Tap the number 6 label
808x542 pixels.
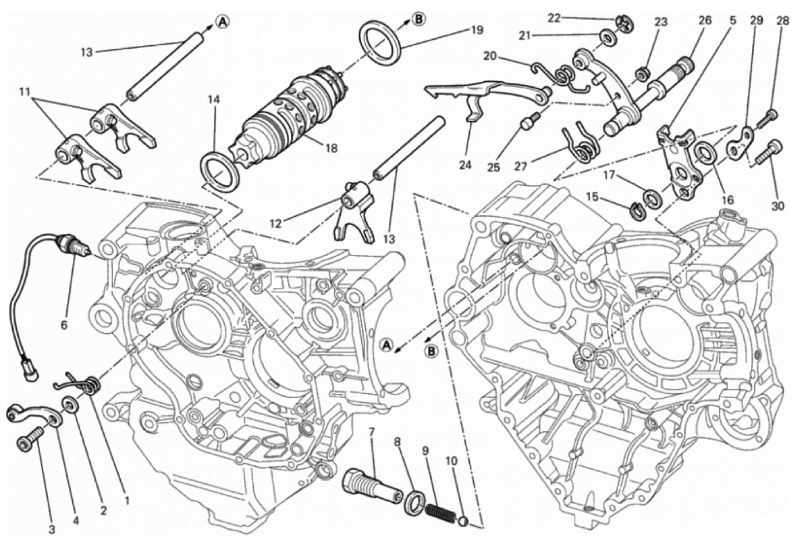coord(64,325)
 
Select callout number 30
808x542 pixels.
coord(778,207)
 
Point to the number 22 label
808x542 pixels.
coord(554,18)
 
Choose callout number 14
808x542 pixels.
coord(213,99)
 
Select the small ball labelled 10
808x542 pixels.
coord(464,521)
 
